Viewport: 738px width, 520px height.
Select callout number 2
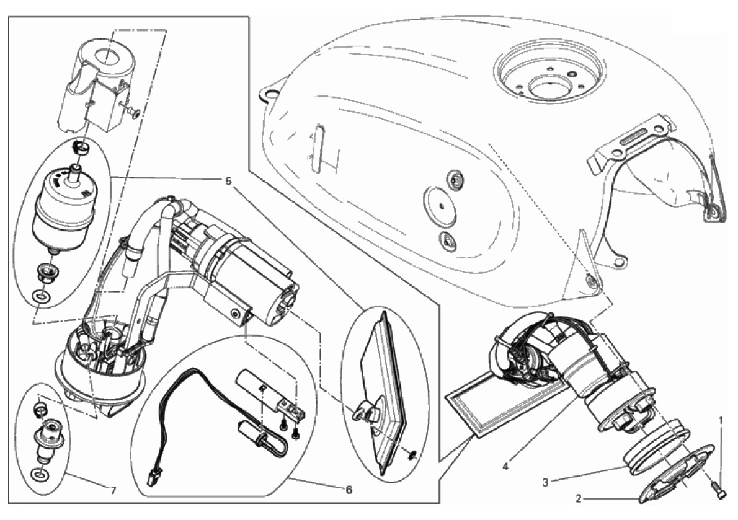click(x=579, y=498)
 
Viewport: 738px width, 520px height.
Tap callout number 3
click(x=546, y=482)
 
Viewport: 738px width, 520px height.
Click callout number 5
click(x=229, y=180)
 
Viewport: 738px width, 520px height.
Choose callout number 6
click(x=349, y=490)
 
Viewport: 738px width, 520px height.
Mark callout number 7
click(x=113, y=490)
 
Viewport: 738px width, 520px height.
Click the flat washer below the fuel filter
click(x=42, y=297)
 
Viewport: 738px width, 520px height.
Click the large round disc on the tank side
click(x=440, y=206)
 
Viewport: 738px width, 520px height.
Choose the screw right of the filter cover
click(x=134, y=112)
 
